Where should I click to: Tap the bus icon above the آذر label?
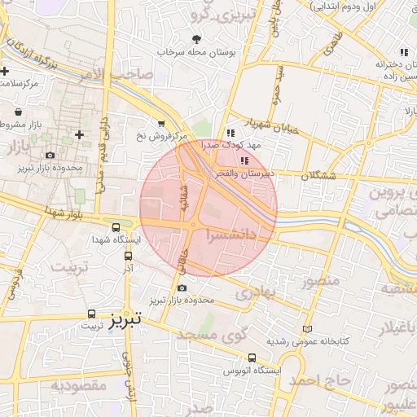click(x=127, y=254)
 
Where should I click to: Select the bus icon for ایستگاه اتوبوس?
click(x=252, y=358)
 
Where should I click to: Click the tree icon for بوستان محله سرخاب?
click(x=195, y=38)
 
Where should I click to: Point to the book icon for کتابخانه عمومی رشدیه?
click(x=306, y=329)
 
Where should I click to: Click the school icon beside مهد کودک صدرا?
click(x=230, y=133)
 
